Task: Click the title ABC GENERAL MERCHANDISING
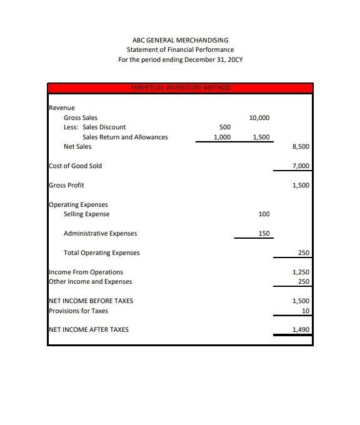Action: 180,40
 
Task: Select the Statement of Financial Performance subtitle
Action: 180,50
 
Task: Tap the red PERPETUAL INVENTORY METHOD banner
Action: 180,88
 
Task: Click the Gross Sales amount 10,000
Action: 259,117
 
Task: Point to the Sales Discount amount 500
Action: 225,127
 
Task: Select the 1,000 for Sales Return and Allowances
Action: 222,137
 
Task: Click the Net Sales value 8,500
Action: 301,147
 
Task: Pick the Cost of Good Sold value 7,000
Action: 301,166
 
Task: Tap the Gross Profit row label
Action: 66,186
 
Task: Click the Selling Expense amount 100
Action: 264,214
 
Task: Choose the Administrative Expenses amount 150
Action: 264,234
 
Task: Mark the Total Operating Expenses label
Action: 101,253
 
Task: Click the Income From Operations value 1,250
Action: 301,272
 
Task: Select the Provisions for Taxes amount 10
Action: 305,311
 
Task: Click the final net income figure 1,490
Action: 301,330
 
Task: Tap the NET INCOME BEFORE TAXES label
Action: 91,301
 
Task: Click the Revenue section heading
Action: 61,108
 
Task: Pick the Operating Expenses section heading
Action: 78,205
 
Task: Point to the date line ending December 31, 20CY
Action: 180,60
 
